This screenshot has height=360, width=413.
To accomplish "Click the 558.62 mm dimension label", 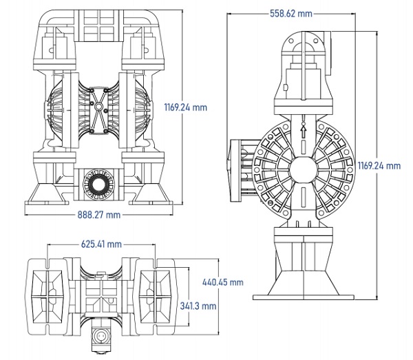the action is [291, 14].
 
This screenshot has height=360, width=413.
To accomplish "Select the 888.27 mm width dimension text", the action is [98, 215].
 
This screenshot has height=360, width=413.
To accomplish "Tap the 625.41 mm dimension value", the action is [101, 244].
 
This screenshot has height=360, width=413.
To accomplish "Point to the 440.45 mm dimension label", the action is [223, 282].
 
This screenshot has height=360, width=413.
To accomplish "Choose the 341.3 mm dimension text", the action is [198, 306].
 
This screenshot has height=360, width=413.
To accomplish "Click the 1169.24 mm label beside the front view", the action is [186, 107].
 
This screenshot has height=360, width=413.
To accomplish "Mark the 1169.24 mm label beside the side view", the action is [379, 166].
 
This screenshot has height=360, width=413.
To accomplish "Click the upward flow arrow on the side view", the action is [304, 131].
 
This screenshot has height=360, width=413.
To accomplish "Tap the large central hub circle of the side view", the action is [303, 169].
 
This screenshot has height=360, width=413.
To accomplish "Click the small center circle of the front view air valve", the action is [98, 107].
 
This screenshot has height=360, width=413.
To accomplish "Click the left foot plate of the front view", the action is [47, 203].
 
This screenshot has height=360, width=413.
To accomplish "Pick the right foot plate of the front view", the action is [151, 203].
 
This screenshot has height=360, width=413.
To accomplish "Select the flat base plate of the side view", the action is [304, 297].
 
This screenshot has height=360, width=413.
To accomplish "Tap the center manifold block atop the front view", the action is [98, 25].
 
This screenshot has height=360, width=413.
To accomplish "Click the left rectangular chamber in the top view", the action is [47, 297].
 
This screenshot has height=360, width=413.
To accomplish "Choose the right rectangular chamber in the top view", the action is [155, 297].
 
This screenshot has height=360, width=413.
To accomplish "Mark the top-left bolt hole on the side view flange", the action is [291, 41].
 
